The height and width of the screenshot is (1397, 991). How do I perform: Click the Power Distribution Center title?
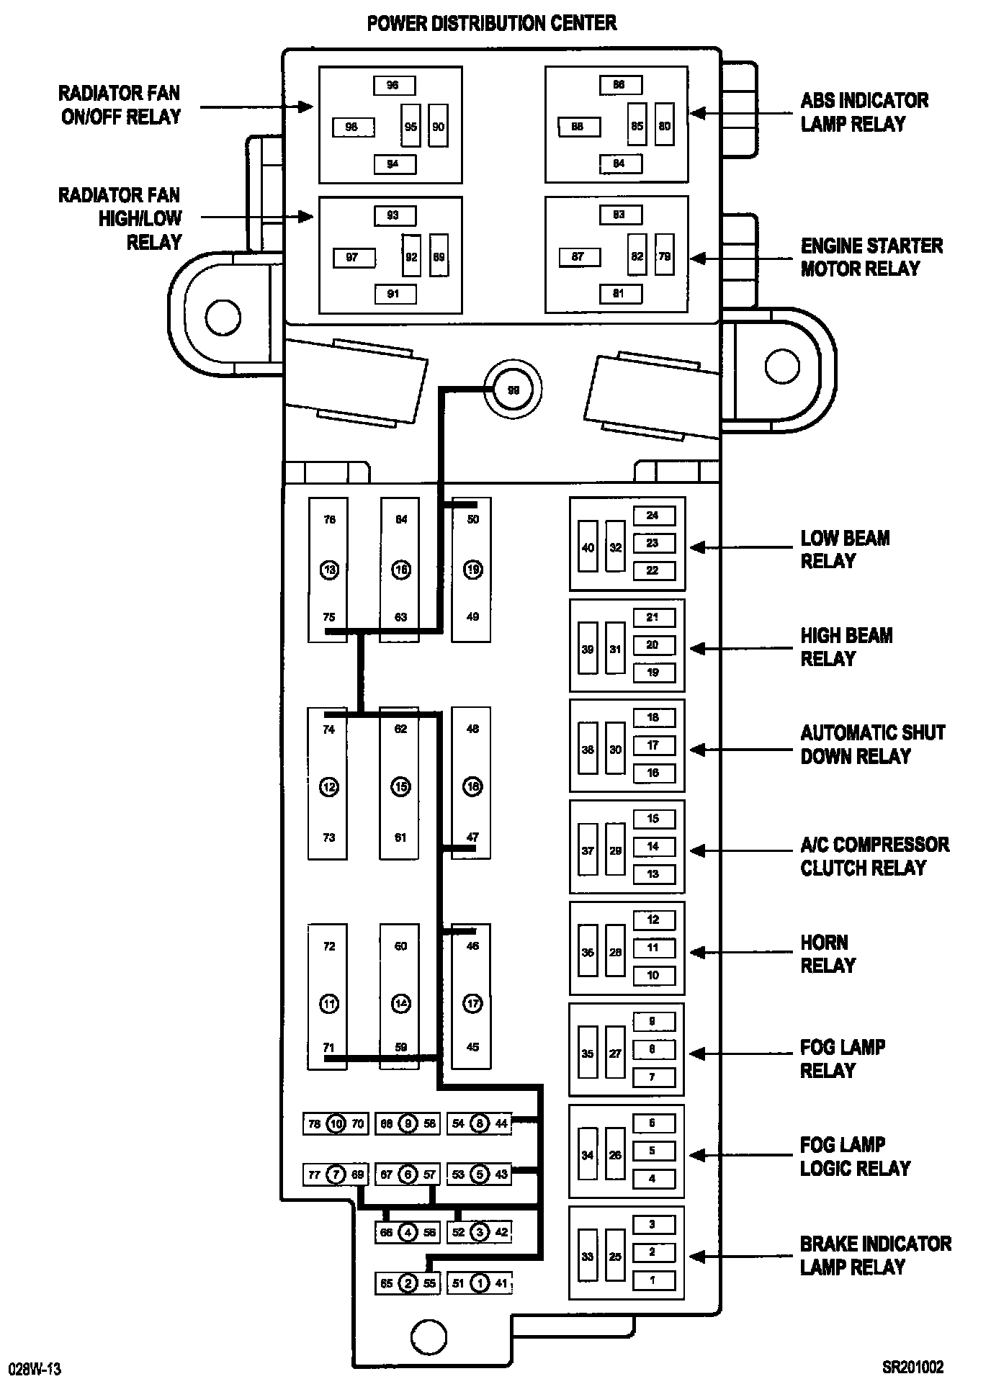(x=492, y=24)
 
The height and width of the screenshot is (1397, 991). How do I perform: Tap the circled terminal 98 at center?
(x=513, y=390)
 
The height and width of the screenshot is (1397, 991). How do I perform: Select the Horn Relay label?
(x=828, y=953)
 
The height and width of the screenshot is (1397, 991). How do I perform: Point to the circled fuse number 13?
(x=329, y=570)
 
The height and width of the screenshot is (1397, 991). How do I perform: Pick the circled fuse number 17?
(x=472, y=1003)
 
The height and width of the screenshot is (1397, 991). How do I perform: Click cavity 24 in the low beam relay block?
(x=653, y=516)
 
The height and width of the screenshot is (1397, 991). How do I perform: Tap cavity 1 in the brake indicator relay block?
(x=653, y=1280)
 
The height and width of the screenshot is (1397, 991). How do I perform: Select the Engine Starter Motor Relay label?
(x=871, y=257)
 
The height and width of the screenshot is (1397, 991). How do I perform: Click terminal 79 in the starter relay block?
(x=664, y=256)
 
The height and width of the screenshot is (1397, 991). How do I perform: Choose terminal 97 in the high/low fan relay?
(x=353, y=257)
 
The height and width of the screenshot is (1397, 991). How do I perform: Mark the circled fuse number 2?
(x=408, y=1283)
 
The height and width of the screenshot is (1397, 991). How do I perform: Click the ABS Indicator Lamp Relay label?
(x=864, y=112)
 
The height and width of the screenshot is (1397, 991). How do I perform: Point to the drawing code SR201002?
(x=912, y=1367)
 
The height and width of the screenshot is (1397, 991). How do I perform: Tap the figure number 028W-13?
(x=35, y=1369)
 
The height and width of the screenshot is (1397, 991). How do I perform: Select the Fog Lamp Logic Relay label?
(x=855, y=1156)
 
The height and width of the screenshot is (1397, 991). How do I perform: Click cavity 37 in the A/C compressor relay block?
(x=588, y=850)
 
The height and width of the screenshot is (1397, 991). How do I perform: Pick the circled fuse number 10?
(x=336, y=1123)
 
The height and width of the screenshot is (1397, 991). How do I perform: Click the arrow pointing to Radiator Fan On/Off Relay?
(x=256, y=107)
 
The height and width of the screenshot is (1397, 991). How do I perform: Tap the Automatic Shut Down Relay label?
(x=872, y=745)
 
